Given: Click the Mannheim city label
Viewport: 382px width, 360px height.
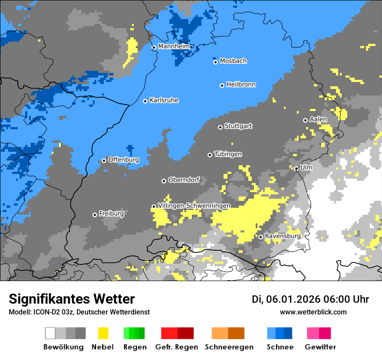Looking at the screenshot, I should [x=174, y=46].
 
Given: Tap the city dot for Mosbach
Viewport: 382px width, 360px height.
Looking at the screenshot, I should [x=215, y=62].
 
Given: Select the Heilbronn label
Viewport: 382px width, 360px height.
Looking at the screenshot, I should [x=241, y=85].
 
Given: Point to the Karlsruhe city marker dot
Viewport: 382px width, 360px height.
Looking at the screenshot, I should [x=145, y=101].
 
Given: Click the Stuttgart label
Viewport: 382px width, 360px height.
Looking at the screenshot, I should [x=238, y=126].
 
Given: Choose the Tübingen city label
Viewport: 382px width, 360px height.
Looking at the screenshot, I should [x=228, y=154].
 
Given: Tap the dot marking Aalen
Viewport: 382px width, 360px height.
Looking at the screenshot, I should [x=305, y=120].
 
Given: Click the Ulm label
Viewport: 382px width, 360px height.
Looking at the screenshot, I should [x=306, y=167].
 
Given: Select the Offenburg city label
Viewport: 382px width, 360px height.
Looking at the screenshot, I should [x=124, y=160].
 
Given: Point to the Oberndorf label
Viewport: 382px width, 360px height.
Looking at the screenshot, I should [x=184, y=180].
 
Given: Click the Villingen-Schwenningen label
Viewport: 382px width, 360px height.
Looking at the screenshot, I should [x=194, y=206].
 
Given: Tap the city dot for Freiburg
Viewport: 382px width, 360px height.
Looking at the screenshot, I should [x=95, y=215].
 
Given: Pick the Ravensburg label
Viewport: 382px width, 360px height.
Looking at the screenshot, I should [x=283, y=236].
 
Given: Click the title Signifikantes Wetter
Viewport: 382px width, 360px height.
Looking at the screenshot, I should [x=72, y=299].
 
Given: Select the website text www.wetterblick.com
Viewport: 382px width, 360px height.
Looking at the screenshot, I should [x=313, y=312].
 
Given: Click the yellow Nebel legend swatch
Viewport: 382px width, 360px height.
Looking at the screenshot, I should [x=103, y=333].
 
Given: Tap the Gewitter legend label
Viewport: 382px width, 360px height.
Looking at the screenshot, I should [x=320, y=347].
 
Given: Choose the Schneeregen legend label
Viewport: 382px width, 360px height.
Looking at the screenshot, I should [x=229, y=347].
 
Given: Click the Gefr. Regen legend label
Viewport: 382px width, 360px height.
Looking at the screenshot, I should [x=177, y=347].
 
